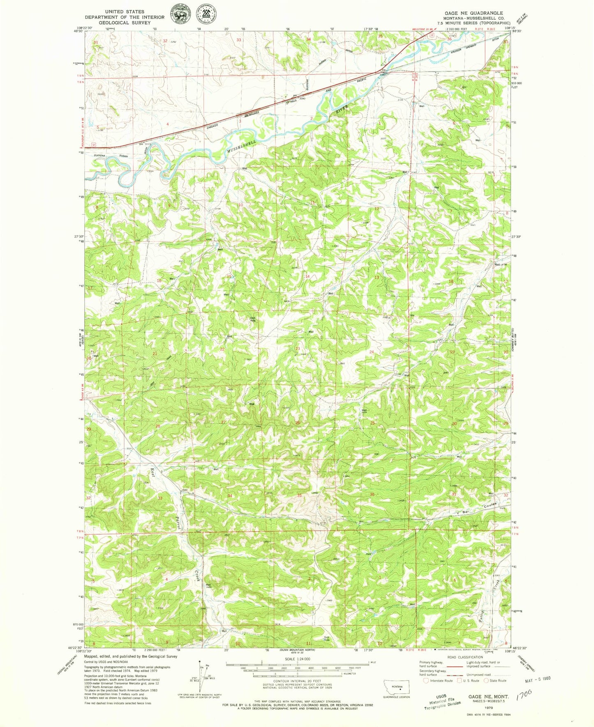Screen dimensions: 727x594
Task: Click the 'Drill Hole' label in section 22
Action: coord(253,318)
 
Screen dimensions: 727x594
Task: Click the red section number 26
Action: coord(297,423)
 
